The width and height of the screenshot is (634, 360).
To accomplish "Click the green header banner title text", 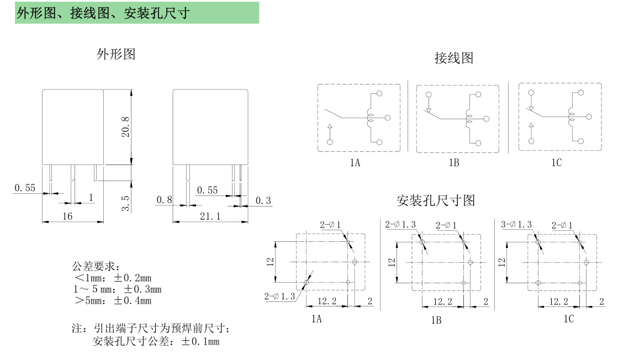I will click(103, 13).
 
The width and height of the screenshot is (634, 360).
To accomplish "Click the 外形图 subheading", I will click(116, 54).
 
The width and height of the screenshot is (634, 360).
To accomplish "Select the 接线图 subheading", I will click(454, 58).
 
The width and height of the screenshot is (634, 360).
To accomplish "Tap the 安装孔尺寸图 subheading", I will click(436, 200).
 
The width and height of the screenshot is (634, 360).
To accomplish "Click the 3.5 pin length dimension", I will click(126, 203).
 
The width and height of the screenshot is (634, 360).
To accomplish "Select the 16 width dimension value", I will click(67, 216).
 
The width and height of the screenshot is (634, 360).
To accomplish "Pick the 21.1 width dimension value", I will click(210, 216).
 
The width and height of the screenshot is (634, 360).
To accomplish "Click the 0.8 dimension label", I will click(164, 200).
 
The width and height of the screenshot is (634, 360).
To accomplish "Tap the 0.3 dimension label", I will click(263, 200).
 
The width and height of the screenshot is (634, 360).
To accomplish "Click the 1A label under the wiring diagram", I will click(355, 163).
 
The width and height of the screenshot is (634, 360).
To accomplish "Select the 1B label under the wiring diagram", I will click(454, 163).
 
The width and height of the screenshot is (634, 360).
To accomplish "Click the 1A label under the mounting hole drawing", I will click(316, 319).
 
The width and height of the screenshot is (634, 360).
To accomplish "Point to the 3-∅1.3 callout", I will click(516, 224).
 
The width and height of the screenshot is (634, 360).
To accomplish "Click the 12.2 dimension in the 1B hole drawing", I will click(442, 301).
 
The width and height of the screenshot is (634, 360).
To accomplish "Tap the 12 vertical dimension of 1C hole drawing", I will click(501, 262).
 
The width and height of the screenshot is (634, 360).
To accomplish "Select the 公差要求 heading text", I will click(92, 266).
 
